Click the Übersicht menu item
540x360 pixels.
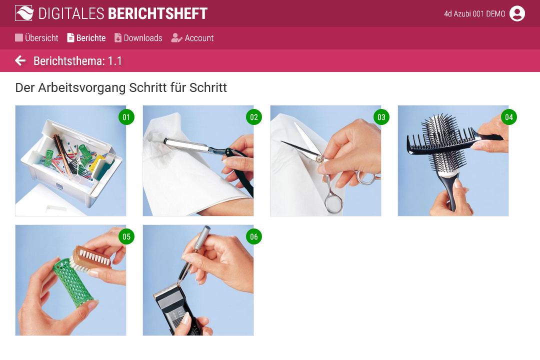[x=36, y=38]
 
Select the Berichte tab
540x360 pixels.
[x=86, y=38]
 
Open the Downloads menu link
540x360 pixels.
[x=138, y=38]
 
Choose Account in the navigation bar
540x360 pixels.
[x=192, y=38]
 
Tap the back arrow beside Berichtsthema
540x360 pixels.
[x=20, y=60]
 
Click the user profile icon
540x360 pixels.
[x=517, y=14]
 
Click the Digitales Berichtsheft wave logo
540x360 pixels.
[x=24, y=13]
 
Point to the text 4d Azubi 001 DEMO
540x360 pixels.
[x=474, y=14]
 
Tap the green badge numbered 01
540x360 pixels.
[x=126, y=117]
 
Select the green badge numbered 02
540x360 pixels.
[x=254, y=117]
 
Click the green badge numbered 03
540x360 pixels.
[x=381, y=117]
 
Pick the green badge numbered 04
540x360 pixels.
[x=508, y=117]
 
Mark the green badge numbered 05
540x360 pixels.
[x=126, y=236]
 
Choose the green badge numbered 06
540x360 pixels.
[x=254, y=236]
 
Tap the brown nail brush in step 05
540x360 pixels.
[x=91, y=258]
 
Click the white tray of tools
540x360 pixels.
[x=71, y=162]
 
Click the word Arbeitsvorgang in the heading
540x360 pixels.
[x=82, y=88]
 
